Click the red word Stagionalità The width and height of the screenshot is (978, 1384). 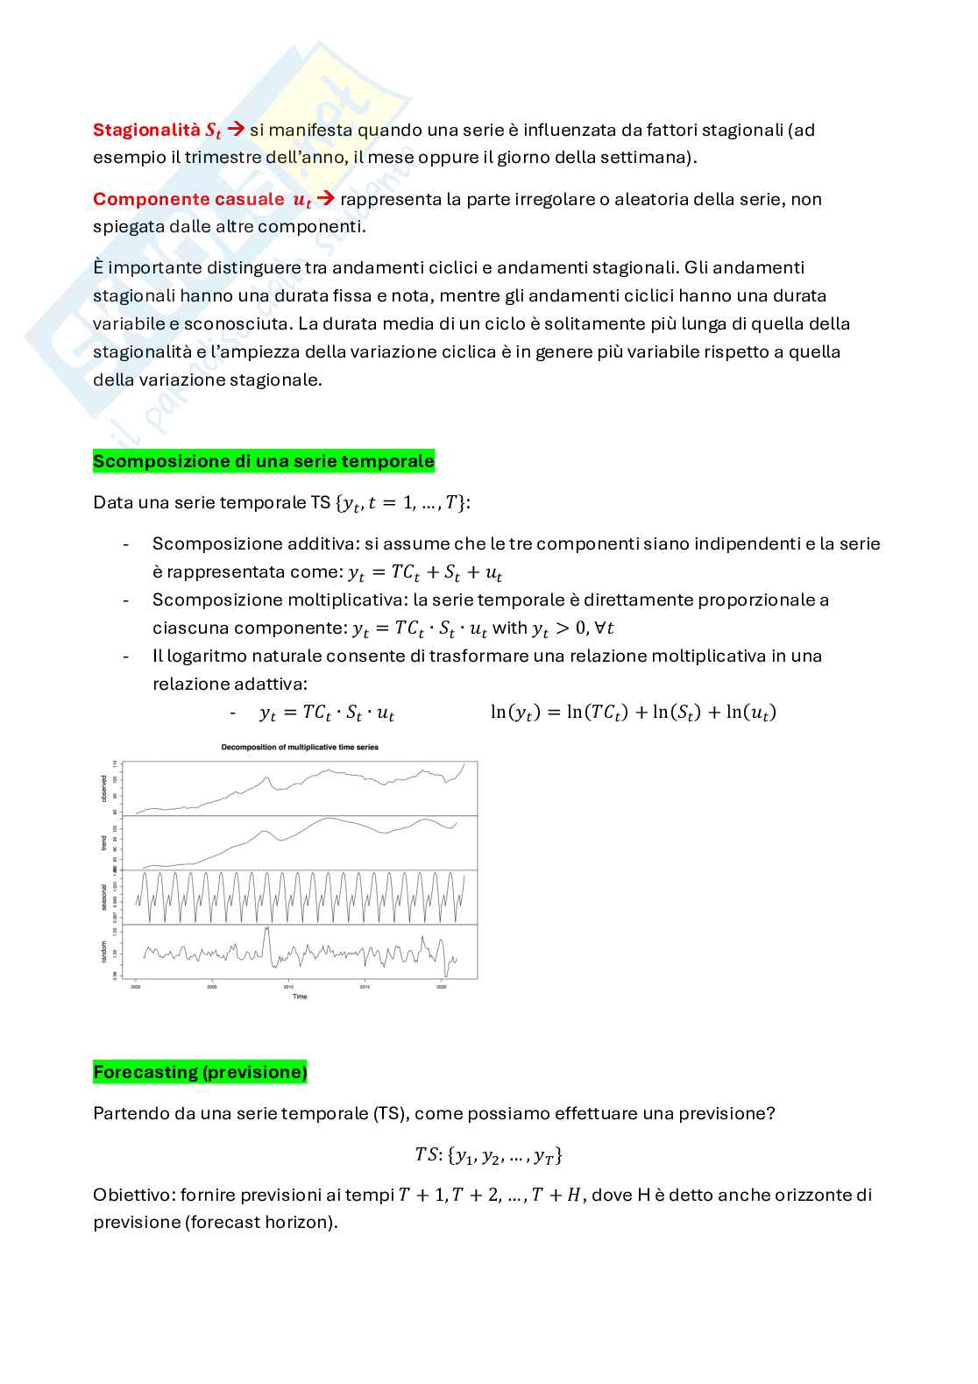(x=146, y=130)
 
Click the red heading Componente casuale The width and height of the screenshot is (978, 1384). (x=188, y=199)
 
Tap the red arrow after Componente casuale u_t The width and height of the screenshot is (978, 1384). (x=325, y=199)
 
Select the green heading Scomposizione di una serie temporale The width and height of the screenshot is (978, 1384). (x=263, y=461)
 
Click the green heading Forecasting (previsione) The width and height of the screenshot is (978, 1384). (x=200, y=1072)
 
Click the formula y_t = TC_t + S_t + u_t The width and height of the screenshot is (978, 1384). (x=425, y=572)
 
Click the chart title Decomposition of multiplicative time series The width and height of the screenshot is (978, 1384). (x=300, y=748)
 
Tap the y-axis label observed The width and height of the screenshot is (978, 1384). (x=104, y=789)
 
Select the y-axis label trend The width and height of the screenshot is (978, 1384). (x=104, y=842)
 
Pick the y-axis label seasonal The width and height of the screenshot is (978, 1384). (x=104, y=897)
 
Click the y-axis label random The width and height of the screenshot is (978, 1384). (x=104, y=951)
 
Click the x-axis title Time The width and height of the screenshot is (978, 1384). (x=300, y=997)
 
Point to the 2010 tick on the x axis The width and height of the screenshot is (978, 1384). (x=288, y=986)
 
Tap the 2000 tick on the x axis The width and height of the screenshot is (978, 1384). (x=136, y=986)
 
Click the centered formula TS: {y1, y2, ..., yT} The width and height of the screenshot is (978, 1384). (x=488, y=1155)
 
